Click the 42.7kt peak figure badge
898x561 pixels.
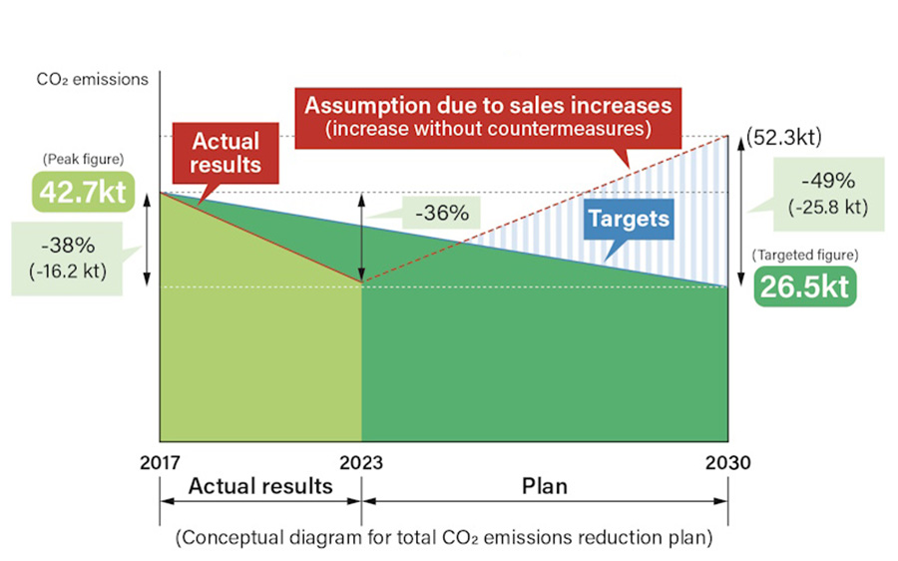pyautogui.click(x=84, y=191)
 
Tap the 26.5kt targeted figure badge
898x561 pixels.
pyautogui.click(x=805, y=286)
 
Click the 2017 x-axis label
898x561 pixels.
pyautogui.click(x=160, y=462)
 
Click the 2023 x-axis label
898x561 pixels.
pyautogui.click(x=361, y=462)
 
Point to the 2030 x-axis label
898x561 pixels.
pyautogui.click(x=728, y=462)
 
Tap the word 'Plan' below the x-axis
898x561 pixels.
pyautogui.click(x=545, y=487)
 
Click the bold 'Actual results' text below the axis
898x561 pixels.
pyautogui.click(x=260, y=487)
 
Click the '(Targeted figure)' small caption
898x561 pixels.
pyautogui.click(x=805, y=256)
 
